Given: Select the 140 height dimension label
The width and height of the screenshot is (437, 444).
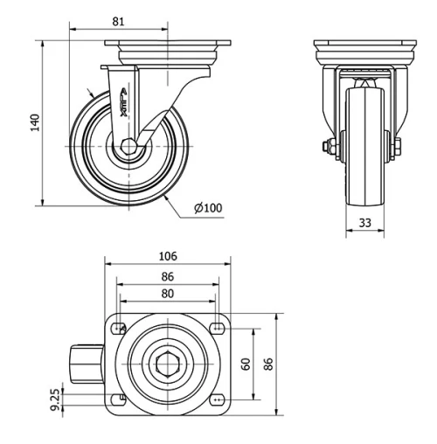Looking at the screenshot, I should pos(35,122).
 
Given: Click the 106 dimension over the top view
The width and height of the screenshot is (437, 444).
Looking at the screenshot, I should pos(168,256).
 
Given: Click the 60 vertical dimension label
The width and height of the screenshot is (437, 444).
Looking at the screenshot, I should pos(247,363).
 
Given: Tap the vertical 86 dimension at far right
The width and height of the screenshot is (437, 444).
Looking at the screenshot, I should pos(268,363).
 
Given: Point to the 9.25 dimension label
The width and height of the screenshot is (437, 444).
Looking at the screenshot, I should pos(56,399).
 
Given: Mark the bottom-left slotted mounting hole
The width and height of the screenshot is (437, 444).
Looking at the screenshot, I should pos(117,399).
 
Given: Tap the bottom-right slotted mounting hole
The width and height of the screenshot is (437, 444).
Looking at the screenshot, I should pos(216,399).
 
